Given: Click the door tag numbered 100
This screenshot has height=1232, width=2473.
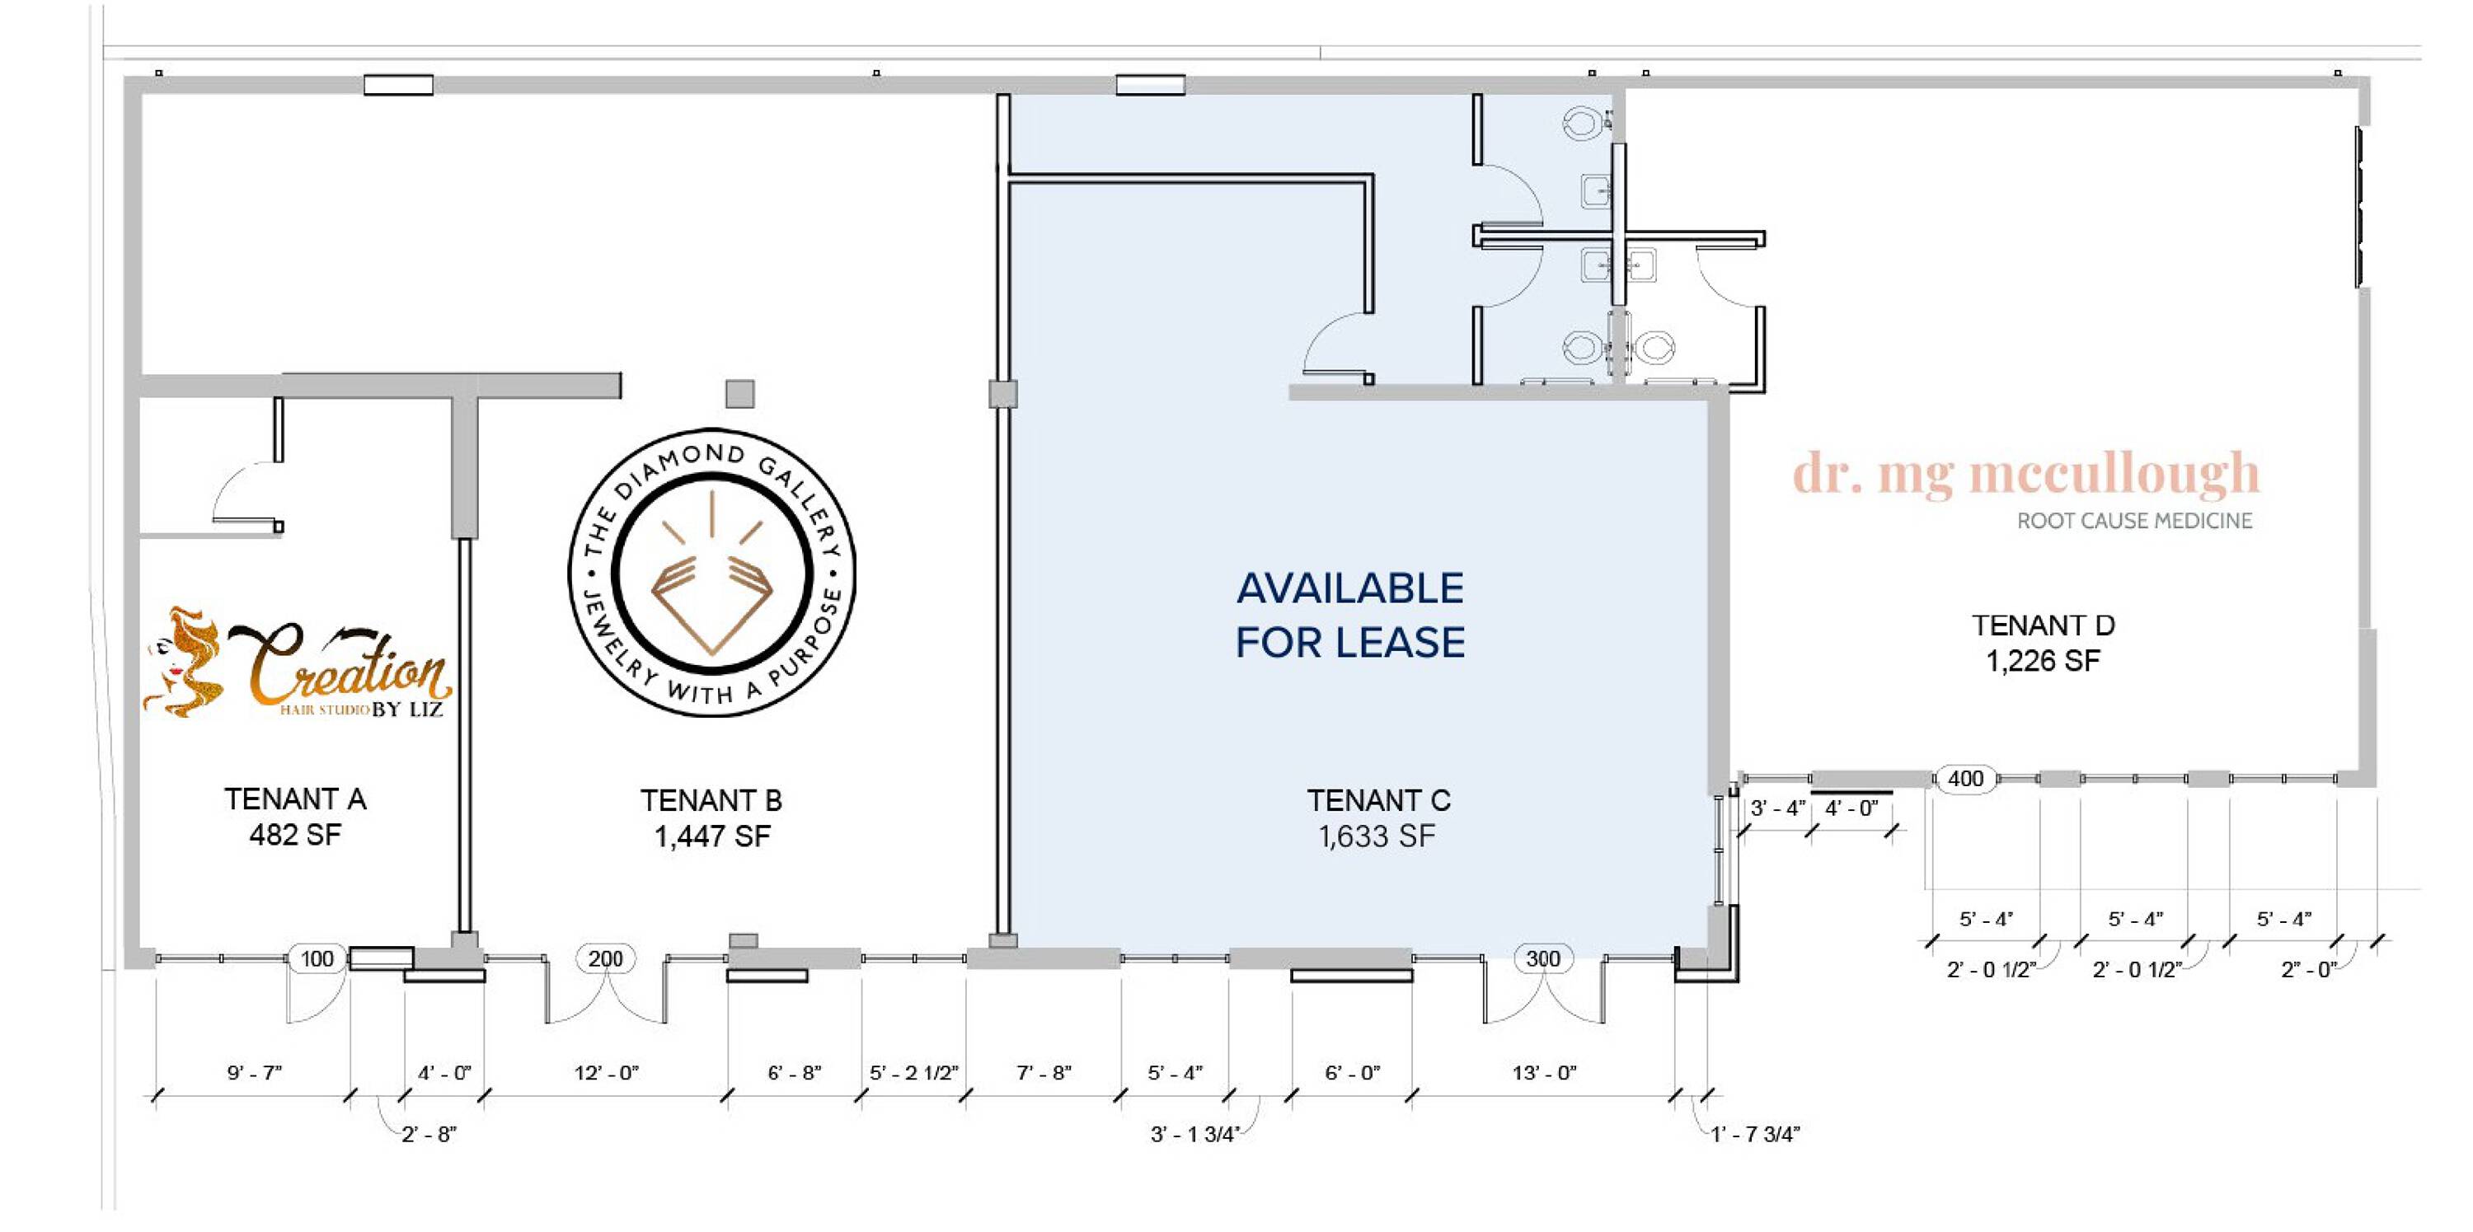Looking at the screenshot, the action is point(317,958).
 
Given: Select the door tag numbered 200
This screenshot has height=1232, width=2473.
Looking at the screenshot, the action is point(606,958).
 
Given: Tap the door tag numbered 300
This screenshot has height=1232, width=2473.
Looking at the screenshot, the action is point(1543,958).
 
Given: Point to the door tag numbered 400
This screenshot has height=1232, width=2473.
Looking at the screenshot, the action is point(1965,778).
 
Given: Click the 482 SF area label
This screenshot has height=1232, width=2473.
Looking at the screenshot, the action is point(295,835).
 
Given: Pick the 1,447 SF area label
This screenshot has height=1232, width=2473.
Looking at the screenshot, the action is point(712,836).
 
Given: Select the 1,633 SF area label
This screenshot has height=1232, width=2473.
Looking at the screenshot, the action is point(1377,836).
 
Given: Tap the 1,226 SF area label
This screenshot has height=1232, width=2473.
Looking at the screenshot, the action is point(2043,661).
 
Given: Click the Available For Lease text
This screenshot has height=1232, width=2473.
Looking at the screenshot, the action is point(1349,615).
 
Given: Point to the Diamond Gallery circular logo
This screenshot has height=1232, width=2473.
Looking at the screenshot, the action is point(711,572).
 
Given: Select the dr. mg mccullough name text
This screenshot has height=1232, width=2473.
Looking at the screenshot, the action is point(2025,474).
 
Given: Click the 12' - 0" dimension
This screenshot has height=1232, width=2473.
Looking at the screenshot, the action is point(607,1072).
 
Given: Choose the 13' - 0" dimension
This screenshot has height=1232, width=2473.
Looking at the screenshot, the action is point(1545,1072).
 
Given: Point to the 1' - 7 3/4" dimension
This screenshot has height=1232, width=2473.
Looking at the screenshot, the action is point(1755,1134).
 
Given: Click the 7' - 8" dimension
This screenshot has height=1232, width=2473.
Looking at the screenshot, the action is point(1044,1072).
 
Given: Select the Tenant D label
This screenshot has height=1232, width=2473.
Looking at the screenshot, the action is point(2043,625).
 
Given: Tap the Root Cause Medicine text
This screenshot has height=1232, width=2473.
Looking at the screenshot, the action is point(2134,521).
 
